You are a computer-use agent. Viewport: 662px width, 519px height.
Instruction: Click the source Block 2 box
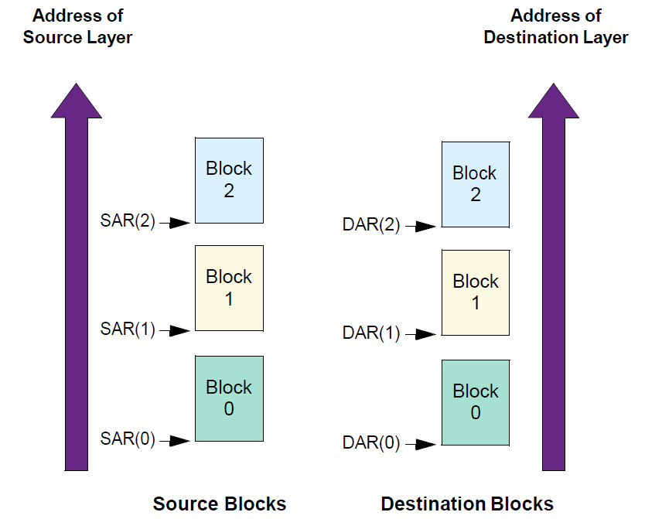pos(229,180)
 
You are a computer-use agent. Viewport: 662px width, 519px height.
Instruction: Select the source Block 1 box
pos(229,288)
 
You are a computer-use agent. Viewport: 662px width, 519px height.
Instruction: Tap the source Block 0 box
pos(229,398)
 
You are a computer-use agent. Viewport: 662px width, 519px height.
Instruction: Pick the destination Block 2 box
pos(475,184)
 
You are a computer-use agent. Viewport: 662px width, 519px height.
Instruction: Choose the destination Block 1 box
pos(475,292)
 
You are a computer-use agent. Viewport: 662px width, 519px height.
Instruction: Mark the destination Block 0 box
pos(475,402)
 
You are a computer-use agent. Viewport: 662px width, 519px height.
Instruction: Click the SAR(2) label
pos(128,222)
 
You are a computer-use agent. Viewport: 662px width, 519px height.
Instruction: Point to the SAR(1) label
pos(128,329)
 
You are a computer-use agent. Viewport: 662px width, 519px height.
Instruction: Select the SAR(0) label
pos(128,440)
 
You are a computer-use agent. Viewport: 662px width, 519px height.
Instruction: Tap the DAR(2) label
pos(371,226)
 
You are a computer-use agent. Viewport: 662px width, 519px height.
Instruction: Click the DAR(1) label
pos(371,334)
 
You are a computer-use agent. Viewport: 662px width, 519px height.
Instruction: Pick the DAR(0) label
pos(371,444)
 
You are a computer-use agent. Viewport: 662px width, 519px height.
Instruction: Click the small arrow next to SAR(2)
pos(179,223)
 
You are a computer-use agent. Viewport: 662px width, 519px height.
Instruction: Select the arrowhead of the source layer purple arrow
pos(76,101)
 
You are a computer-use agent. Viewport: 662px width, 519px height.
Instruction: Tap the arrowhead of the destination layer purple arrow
pos(554,101)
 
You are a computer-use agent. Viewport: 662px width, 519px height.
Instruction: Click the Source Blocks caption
pos(220,504)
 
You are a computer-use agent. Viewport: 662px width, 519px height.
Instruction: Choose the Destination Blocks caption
pos(467,504)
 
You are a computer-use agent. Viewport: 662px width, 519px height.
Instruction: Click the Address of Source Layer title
pos(77,26)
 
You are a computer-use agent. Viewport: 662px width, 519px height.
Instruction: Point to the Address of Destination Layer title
pos(556,26)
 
